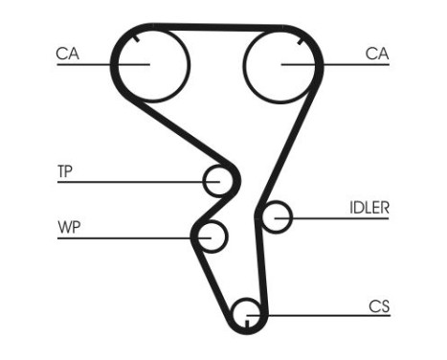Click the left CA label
point(66,55)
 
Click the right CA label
point(377,55)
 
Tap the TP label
point(65,172)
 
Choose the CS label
point(379,306)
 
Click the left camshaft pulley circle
point(151,64)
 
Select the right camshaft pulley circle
point(281,64)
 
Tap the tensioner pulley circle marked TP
point(219,180)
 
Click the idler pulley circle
point(277,217)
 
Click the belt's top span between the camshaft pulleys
point(216,27)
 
